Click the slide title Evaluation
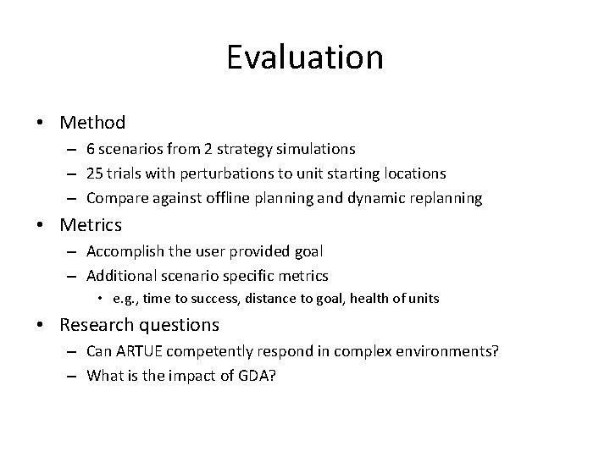click(305, 58)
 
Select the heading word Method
click(93, 123)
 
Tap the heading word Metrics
click(90, 225)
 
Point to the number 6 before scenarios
click(90, 149)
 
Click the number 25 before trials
click(94, 173)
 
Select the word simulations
click(313, 149)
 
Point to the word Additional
click(118, 275)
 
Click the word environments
click(451, 350)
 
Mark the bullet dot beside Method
click(42, 124)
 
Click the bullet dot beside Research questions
click(42, 326)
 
